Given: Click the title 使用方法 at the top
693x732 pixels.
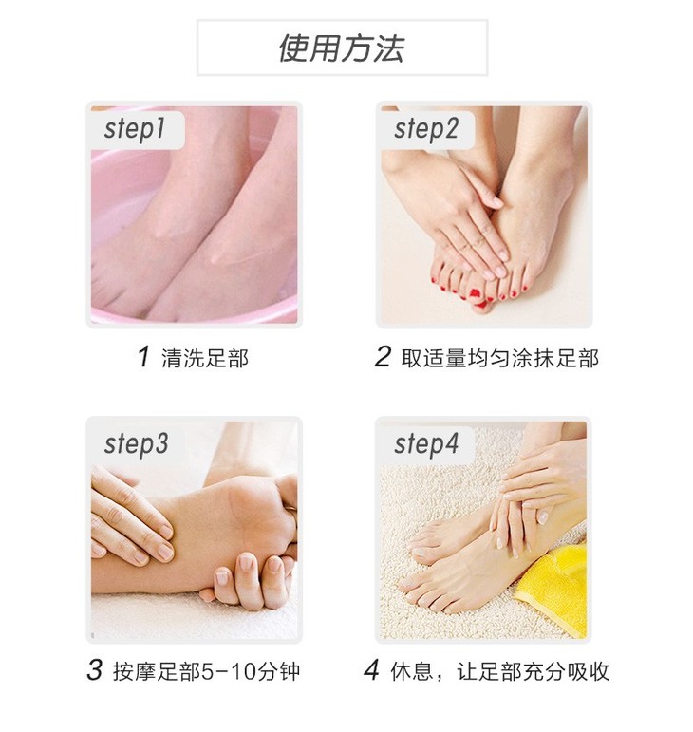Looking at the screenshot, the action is click(341, 48).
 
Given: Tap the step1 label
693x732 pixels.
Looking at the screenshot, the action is click(135, 128).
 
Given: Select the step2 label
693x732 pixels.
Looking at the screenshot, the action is click(426, 128).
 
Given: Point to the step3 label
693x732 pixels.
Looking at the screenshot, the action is click(136, 443).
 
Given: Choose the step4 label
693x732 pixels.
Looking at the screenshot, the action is click(426, 443).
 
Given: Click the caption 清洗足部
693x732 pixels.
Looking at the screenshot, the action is click(205, 358).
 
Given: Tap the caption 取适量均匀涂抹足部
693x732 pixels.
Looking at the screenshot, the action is click(499, 358).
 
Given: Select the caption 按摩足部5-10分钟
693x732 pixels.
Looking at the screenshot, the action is click(206, 671).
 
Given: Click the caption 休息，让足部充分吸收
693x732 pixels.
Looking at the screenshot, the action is click(499, 671).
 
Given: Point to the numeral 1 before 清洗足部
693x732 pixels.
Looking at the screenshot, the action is click(144, 357).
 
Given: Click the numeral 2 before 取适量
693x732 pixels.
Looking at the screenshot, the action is click(383, 357).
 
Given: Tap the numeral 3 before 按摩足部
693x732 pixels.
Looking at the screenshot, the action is click(94, 670).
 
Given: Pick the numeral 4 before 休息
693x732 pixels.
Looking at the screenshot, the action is click(371, 670).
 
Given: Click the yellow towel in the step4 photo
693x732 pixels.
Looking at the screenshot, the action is click(553, 590).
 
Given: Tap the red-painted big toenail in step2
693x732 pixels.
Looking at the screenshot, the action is click(474, 293).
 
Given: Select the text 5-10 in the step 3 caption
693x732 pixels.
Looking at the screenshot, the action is click(227, 671).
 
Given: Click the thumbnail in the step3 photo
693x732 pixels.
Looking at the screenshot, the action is click(247, 562).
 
